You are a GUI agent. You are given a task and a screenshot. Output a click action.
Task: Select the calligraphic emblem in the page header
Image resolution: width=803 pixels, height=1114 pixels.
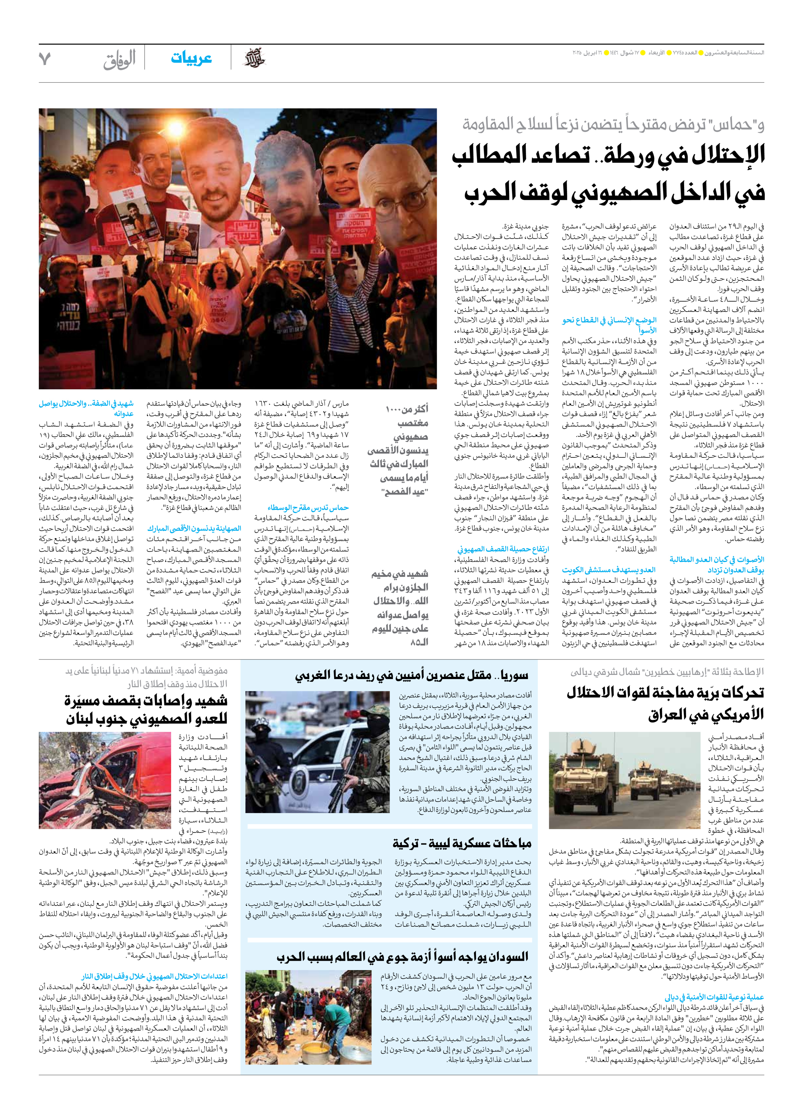point(254,59)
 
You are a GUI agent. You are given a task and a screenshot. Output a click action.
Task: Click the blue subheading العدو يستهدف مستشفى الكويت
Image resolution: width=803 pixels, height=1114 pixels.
point(609,570)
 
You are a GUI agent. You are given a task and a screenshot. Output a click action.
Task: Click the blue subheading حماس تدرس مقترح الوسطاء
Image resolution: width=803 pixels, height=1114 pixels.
point(308,508)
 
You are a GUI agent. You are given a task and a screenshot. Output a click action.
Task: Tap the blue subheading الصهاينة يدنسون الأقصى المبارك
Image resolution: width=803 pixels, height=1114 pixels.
point(194,528)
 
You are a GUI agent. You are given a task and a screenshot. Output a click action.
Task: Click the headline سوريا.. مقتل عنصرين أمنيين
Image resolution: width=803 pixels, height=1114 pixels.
point(411,676)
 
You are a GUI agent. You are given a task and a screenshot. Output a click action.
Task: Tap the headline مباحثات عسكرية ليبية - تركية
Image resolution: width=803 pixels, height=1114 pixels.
point(462,843)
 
